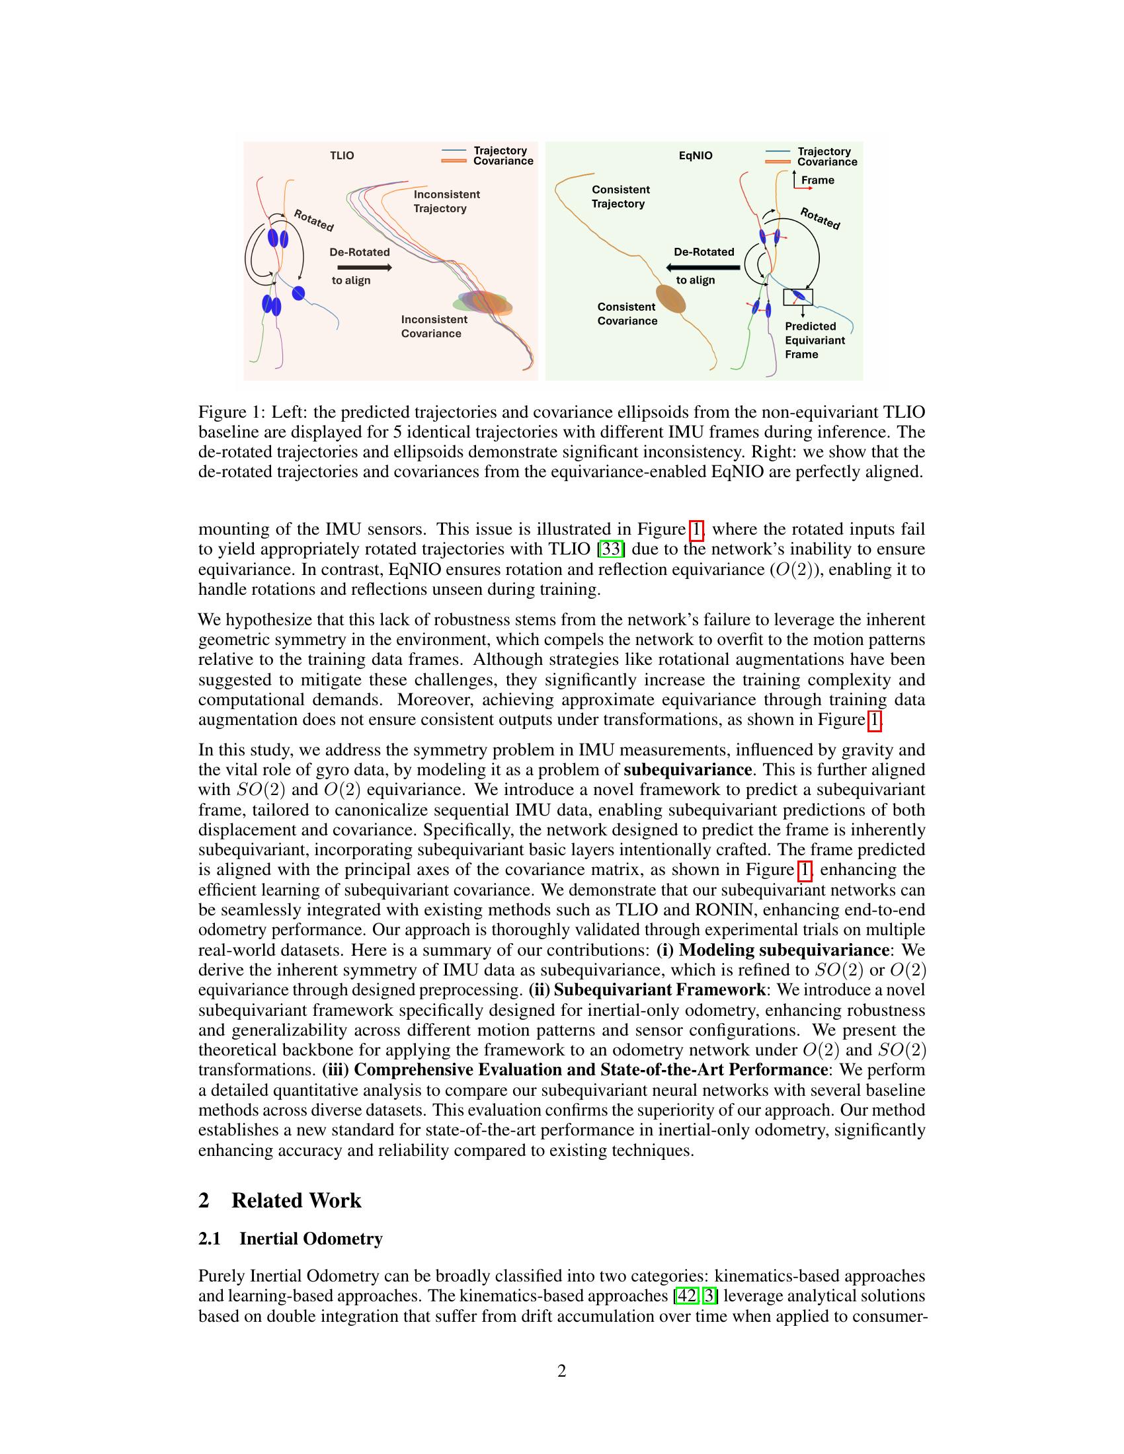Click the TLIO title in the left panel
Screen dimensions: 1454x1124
(x=342, y=155)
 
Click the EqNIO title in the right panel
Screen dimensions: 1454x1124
(x=695, y=155)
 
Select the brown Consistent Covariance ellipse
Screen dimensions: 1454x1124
(x=670, y=298)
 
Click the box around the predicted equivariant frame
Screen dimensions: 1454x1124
(x=798, y=297)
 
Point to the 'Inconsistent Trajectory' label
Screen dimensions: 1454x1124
(x=446, y=201)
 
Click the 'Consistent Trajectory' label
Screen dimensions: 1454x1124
(x=621, y=196)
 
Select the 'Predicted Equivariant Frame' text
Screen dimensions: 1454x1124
(x=815, y=340)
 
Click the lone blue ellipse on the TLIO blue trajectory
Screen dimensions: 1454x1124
(x=298, y=292)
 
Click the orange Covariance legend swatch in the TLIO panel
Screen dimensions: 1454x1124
(x=454, y=161)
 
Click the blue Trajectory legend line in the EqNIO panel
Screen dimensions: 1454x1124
(x=778, y=151)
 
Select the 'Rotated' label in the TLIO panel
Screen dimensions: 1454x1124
(x=313, y=220)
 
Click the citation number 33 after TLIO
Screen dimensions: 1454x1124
(x=612, y=549)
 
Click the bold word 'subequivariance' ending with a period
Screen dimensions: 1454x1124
(x=688, y=769)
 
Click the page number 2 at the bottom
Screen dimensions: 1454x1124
(x=561, y=1371)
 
